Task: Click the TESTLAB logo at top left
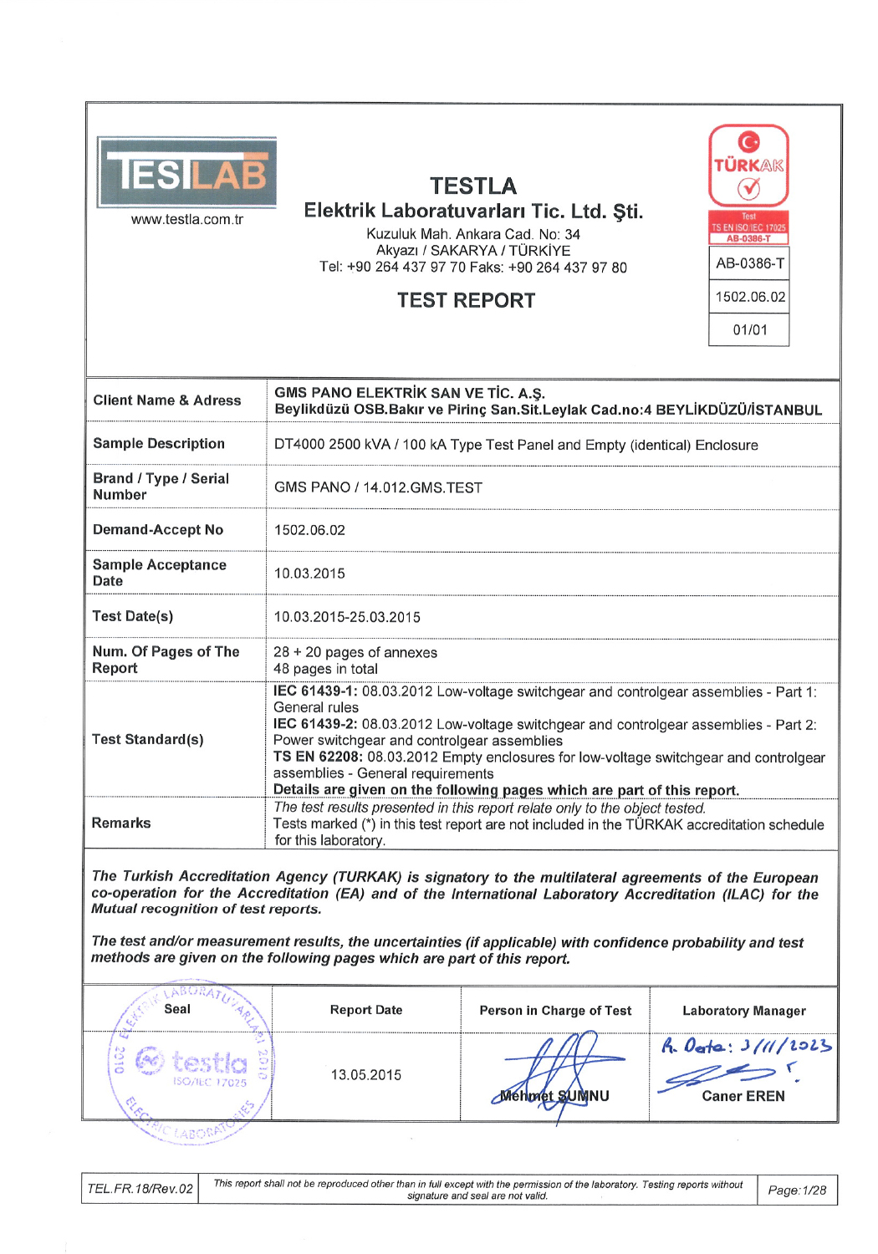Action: coord(186,173)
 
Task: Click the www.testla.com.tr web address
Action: coord(187,220)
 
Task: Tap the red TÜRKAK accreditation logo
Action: coord(748,166)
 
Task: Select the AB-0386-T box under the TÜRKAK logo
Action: coord(749,264)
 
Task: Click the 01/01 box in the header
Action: coord(749,330)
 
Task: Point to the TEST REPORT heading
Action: coord(466,301)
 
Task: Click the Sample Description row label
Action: coord(159,444)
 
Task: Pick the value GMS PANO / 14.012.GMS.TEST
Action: coord(378,487)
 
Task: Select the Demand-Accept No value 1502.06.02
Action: coord(309,530)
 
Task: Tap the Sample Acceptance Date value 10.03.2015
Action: coord(309,573)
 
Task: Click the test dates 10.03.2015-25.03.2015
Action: coord(347,617)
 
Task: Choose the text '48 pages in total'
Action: coord(325,669)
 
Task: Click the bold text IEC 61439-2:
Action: coord(315,725)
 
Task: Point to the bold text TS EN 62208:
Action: coord(318,757)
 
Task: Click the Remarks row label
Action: coord(121,823)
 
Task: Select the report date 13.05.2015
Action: coord(366,1075)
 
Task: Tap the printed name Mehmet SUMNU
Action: coord(554,1096)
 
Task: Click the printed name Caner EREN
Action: coord(743,1096)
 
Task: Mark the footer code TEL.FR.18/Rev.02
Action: coord(140,1189)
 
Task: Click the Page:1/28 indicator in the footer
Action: coord(797,1190)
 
